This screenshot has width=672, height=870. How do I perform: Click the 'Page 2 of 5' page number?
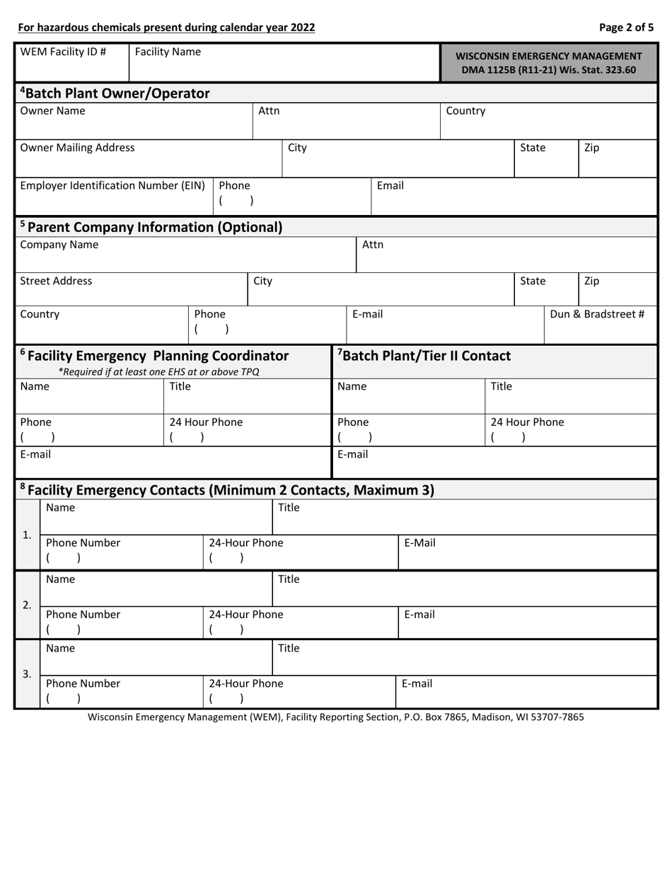pos(626,28)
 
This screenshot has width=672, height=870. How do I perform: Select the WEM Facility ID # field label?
pos(63,52)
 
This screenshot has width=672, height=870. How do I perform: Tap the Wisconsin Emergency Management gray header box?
pos(548,63)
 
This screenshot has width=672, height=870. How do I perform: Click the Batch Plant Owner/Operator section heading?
pos(115,93)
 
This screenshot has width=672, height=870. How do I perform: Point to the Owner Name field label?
pos(52,111)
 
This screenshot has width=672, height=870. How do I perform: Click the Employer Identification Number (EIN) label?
pos(112,185)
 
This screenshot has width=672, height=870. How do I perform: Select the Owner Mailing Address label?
pos(77,148)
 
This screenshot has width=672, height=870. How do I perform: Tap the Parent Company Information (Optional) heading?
pos(151,227)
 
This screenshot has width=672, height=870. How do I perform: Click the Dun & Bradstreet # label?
pos(597,314)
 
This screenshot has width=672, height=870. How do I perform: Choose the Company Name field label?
pos(59,245)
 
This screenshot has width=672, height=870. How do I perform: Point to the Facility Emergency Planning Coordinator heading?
pos(154,355)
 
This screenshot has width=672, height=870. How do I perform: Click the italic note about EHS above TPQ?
pos(158,371)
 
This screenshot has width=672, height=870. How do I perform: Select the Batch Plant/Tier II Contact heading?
pos(424,356)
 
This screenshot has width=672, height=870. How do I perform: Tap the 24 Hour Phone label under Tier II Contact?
pos(528,422)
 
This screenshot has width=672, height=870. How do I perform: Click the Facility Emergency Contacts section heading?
pos(226,489)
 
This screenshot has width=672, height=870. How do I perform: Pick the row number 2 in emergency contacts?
pos(27,605)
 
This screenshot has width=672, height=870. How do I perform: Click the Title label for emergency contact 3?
pos(289,648)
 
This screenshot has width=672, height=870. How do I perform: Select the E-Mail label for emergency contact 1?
pos(419,543)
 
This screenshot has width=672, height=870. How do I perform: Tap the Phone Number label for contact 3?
pos(83,684)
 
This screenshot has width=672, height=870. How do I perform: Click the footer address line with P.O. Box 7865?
pos(336,717)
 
